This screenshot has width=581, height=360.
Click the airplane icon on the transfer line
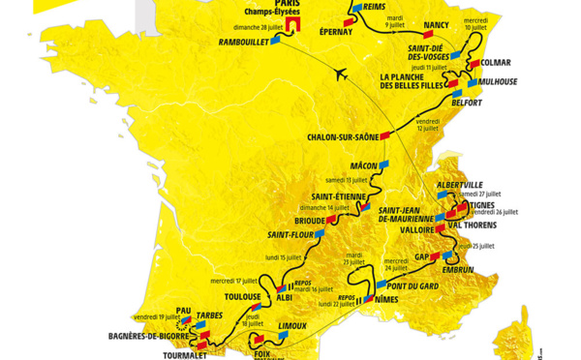(340, 73)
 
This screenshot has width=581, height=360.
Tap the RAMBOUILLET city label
(243, 43)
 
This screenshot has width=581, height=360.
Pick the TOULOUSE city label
(242, 297)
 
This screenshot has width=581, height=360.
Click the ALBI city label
(286, 298)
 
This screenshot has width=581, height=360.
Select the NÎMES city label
(385, 301)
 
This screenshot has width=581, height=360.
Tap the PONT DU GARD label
(413, 285)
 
